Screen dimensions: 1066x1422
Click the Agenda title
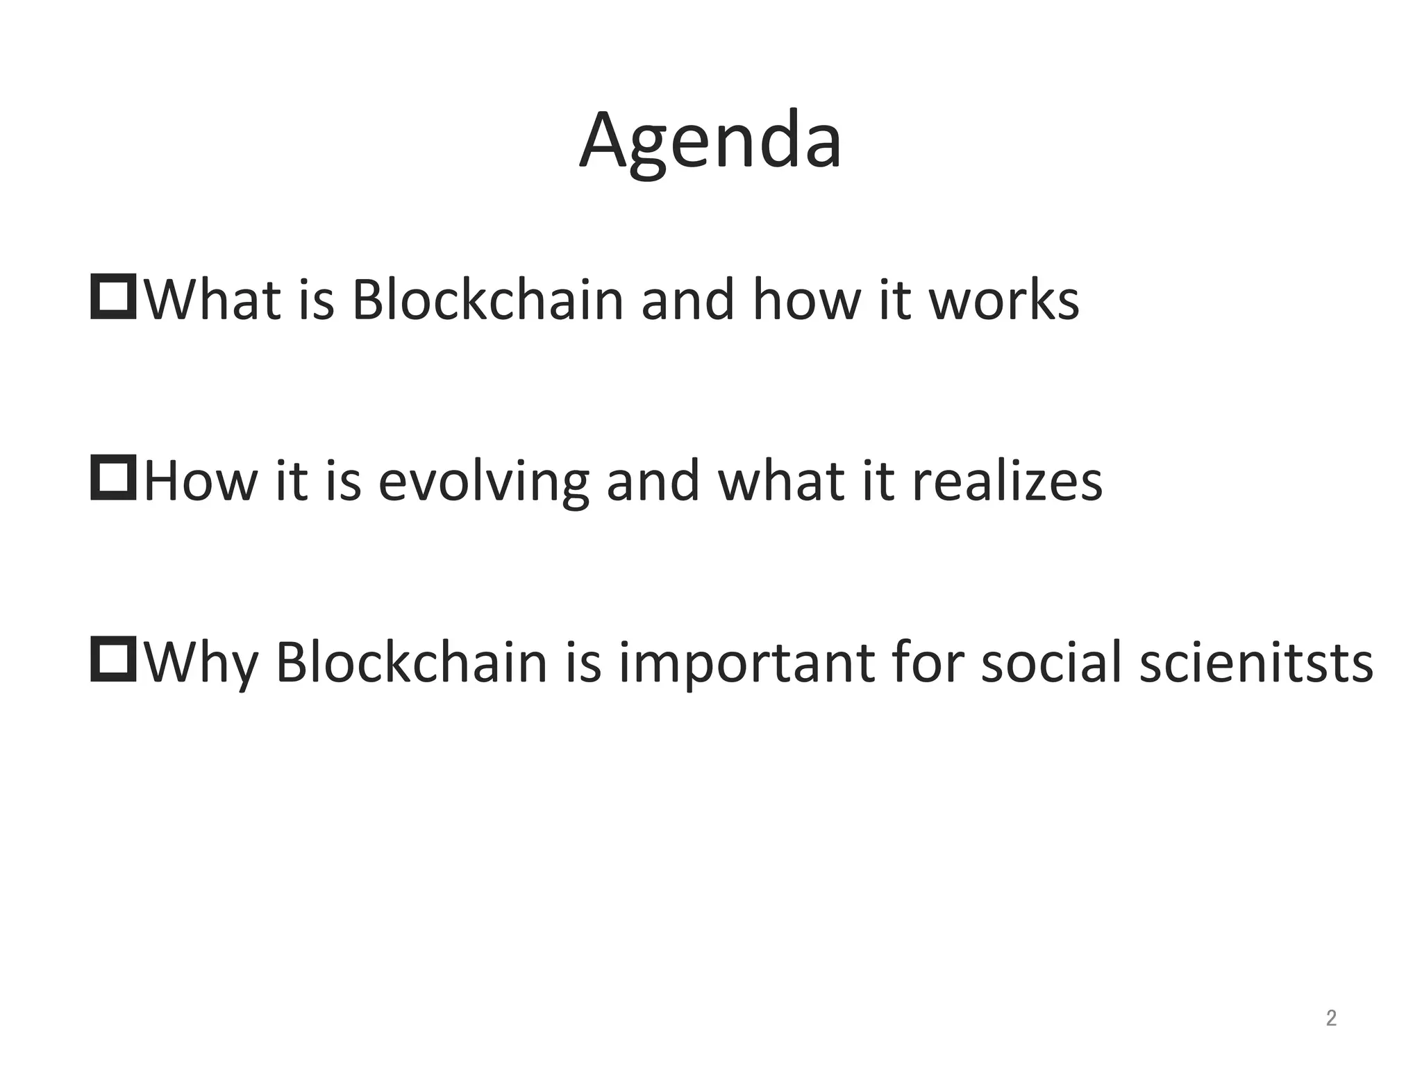point(710,142)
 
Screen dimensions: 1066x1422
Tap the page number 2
point(1331,1018)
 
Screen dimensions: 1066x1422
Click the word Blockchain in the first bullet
point(487,300)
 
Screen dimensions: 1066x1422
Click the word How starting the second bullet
point(201,481)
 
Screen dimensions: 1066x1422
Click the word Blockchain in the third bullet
point(412,662)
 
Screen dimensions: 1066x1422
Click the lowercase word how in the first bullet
point(805,300)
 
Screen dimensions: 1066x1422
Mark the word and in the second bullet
point(653,481)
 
